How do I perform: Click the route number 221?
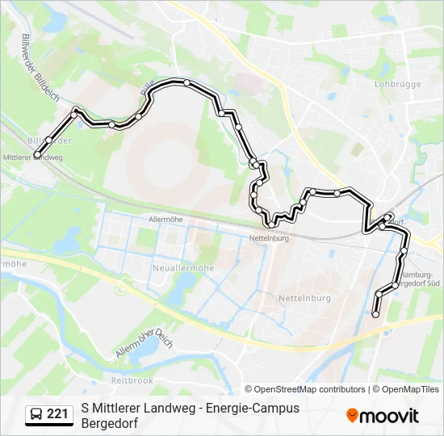click(57, 414)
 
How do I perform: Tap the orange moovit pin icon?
click(352, 416)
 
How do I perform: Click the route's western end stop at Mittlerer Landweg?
click(37, 154)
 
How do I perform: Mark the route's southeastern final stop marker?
click(375, 313)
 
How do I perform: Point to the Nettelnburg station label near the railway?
click(267, 240)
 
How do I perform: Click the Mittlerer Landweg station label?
click(32, 157)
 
